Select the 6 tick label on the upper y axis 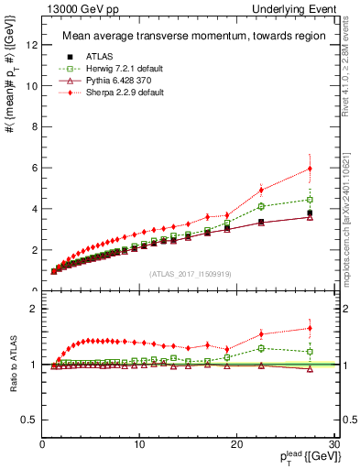[32, 168]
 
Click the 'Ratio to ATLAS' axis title [13, 365]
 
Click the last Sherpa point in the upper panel [311, 169]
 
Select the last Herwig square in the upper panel [311, 200]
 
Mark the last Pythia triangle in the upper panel [311, 217]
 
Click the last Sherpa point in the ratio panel [311, 328]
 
